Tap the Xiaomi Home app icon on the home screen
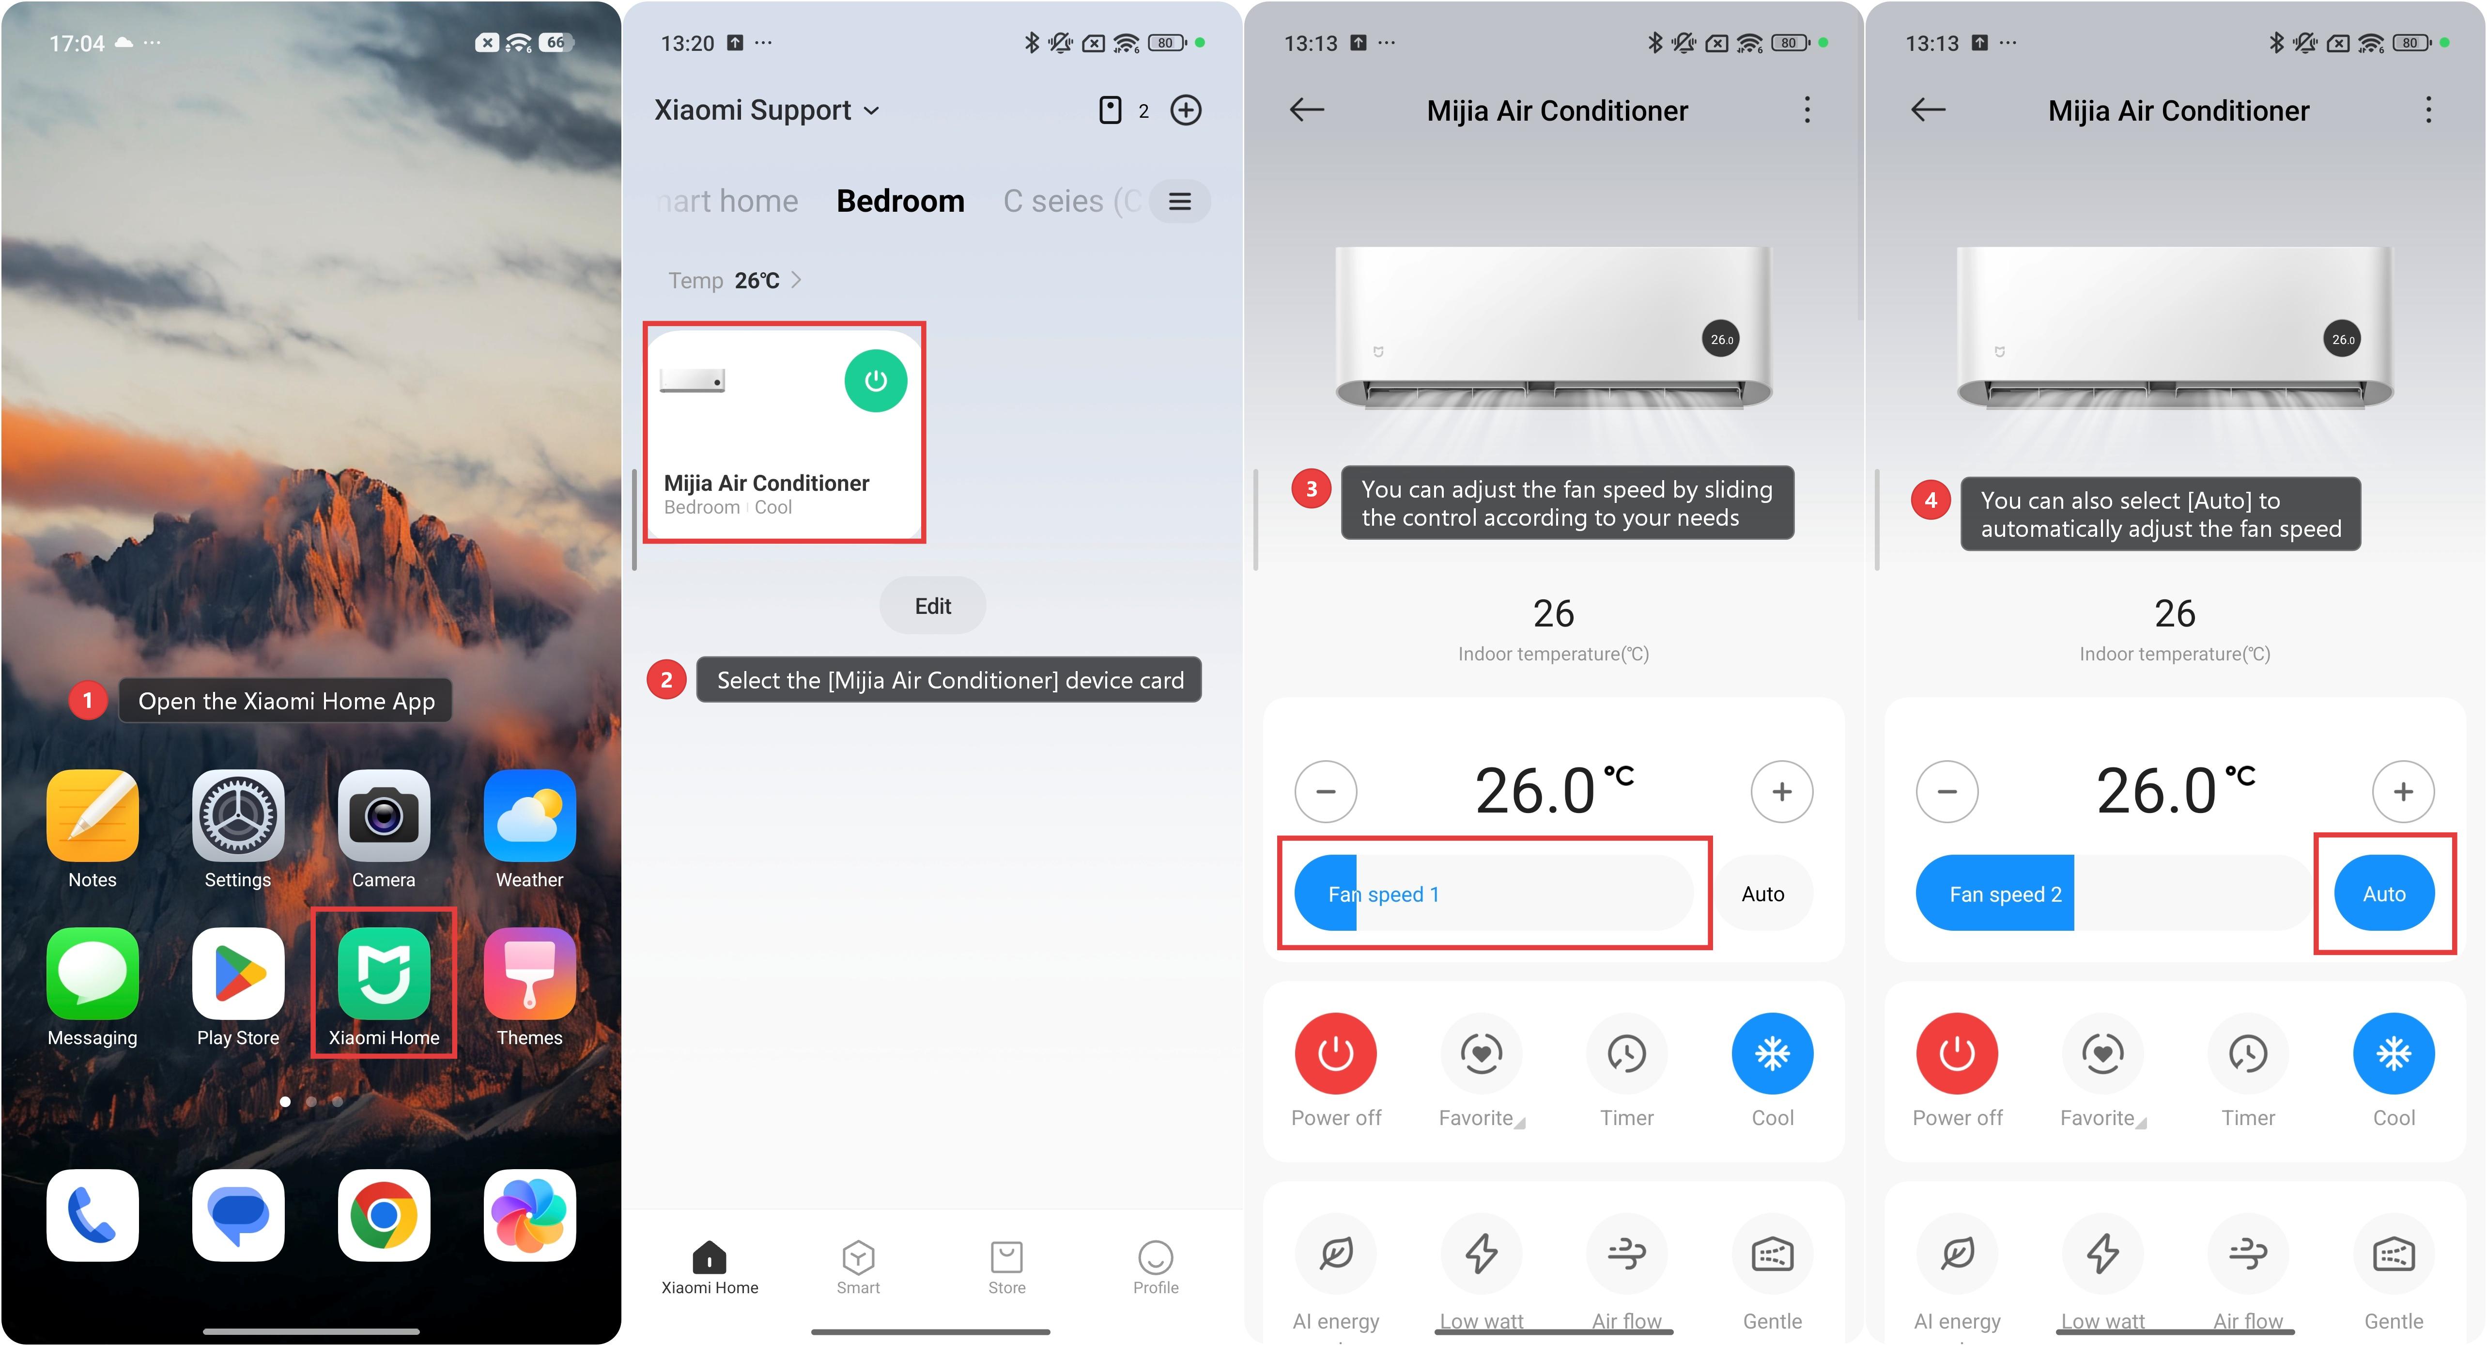pos(383,973)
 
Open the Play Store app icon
pos(237,973)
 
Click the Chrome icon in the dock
pos(383,1215)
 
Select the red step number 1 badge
pos(88,700)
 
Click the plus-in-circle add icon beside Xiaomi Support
pos(1186,110)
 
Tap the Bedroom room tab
pos(900,201)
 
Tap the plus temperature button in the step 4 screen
pos(2403,792)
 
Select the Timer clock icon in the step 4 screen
pos(2248,1053)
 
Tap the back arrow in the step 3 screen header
pos(1307,110)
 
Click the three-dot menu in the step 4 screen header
pos(2428,110)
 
